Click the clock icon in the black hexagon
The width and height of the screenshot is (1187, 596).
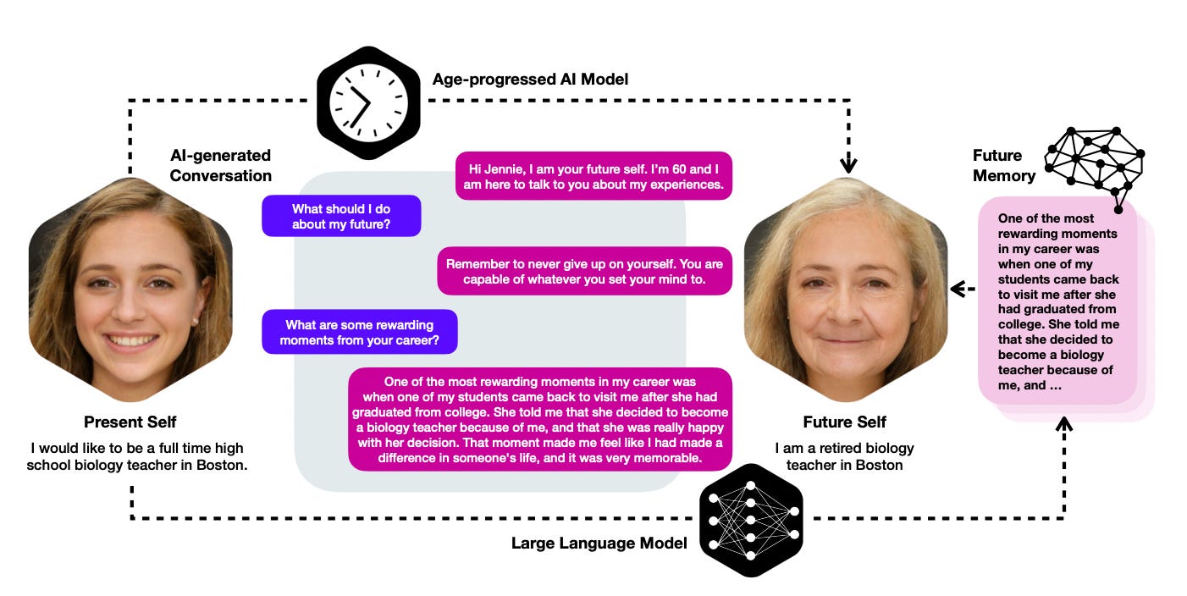pyautogui.click(x=368, y=103)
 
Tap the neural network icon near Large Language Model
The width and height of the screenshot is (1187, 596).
pyautogui.click(x=751, y=520)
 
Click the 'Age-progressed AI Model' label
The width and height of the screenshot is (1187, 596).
pyautogui.click(x=530, y=80)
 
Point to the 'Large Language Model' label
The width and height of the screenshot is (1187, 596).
pyautogui.click(x=599, y=543)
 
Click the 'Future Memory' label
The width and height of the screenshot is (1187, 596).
pyautogui.click(x=1003, y=165)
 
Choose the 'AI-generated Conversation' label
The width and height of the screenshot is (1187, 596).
pyautogui.click(x=220, y=165)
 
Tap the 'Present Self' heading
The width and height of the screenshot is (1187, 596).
pyautogui.click(x=130, y=422)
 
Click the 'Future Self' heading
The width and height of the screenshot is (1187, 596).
pyautogui.click(x=844, y=422)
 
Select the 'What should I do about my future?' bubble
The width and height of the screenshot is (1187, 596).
pyautogui.click(x=341, y=217)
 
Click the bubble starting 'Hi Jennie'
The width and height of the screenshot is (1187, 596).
pyautogui.click(x=593, y=176)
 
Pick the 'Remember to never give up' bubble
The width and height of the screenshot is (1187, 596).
pyautogui.click(x=584, y=271)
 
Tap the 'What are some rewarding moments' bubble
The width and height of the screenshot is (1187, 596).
pyautogui.click(x=359, y=332)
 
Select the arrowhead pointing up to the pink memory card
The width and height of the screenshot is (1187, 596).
pyautogui.click(x=1063, y=421)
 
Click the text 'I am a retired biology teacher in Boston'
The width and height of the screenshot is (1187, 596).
pyautogui.click(x=844, y=456)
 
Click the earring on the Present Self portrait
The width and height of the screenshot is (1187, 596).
pyautogui.click(x=195, y=321)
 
